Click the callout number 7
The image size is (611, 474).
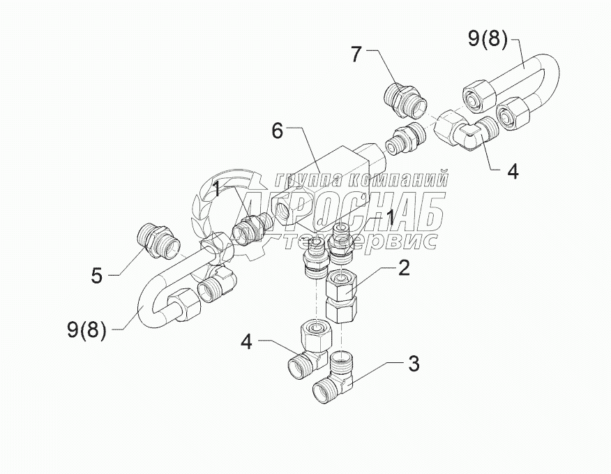point(356,54)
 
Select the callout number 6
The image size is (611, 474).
point(278,131)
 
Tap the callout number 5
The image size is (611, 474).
point(96,276)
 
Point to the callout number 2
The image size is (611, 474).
point(403,267)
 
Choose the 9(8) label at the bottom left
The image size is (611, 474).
point(86,329)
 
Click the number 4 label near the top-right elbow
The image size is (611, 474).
point(513,171)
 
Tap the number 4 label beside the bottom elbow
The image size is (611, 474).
point(246,343)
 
